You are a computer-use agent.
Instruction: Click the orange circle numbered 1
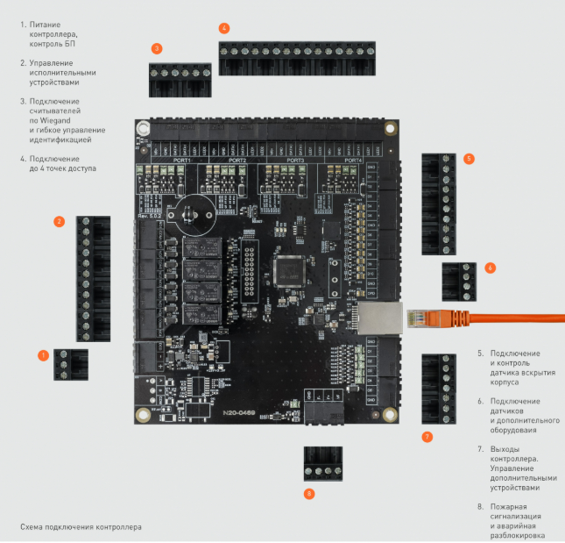tap(42, 355)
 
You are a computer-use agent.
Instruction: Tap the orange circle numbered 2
tap(59, 221)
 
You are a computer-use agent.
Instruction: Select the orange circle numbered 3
tap(156, 48)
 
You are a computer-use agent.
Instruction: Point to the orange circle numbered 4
tap(225, 28)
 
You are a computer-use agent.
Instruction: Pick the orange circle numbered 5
tap(469, 159)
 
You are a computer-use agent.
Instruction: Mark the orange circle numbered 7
tap(427, 436)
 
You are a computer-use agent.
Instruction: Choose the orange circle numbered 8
tap(309, 494)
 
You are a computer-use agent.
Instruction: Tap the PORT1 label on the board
tap(182, 161)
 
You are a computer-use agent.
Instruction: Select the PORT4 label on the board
tap(353, 161)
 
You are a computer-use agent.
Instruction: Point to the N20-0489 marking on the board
tap(242, 411)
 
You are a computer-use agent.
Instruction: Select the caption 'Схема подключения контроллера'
tap(81, 528)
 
